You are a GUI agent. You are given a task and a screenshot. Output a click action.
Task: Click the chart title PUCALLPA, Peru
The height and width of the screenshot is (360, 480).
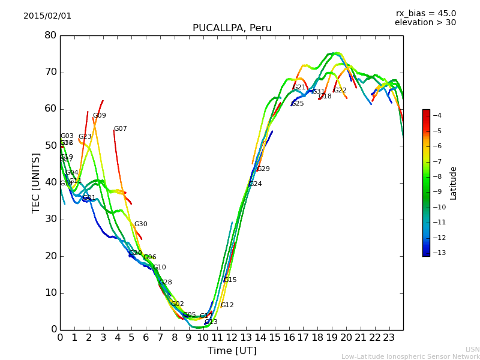point(232,28)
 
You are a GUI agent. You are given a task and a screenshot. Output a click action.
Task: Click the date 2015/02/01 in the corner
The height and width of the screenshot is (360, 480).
point(47,16)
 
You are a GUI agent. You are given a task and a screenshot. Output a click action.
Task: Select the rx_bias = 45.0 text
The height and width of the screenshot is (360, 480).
point(425,13)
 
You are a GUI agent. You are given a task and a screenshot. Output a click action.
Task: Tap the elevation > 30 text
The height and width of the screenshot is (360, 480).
point(425,23)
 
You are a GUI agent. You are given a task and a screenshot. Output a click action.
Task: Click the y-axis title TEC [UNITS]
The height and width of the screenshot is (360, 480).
point(36,182)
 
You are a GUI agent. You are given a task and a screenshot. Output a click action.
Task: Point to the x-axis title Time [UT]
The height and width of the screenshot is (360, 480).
point(232,350)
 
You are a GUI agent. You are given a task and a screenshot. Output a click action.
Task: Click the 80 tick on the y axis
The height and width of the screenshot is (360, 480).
point(50,35)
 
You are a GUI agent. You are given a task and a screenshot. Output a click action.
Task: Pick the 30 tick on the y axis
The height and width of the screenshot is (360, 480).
point(50,219)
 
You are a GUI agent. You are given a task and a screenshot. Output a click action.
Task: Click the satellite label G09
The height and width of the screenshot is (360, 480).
point(99,116)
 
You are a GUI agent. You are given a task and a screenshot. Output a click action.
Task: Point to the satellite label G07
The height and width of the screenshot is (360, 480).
point(120,129)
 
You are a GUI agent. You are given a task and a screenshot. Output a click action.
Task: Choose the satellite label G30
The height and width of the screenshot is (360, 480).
point(140,224)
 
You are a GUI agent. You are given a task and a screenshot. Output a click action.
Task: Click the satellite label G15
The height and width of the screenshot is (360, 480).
point(230,280)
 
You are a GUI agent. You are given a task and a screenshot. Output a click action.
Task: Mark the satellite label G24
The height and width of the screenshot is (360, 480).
point(255,184)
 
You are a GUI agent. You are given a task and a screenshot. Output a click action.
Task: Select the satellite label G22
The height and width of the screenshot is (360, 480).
point(340,91)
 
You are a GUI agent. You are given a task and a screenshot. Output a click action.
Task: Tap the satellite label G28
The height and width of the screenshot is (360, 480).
point(165,283)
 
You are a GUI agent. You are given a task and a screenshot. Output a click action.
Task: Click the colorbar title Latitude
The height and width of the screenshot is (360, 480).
point(454,183)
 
